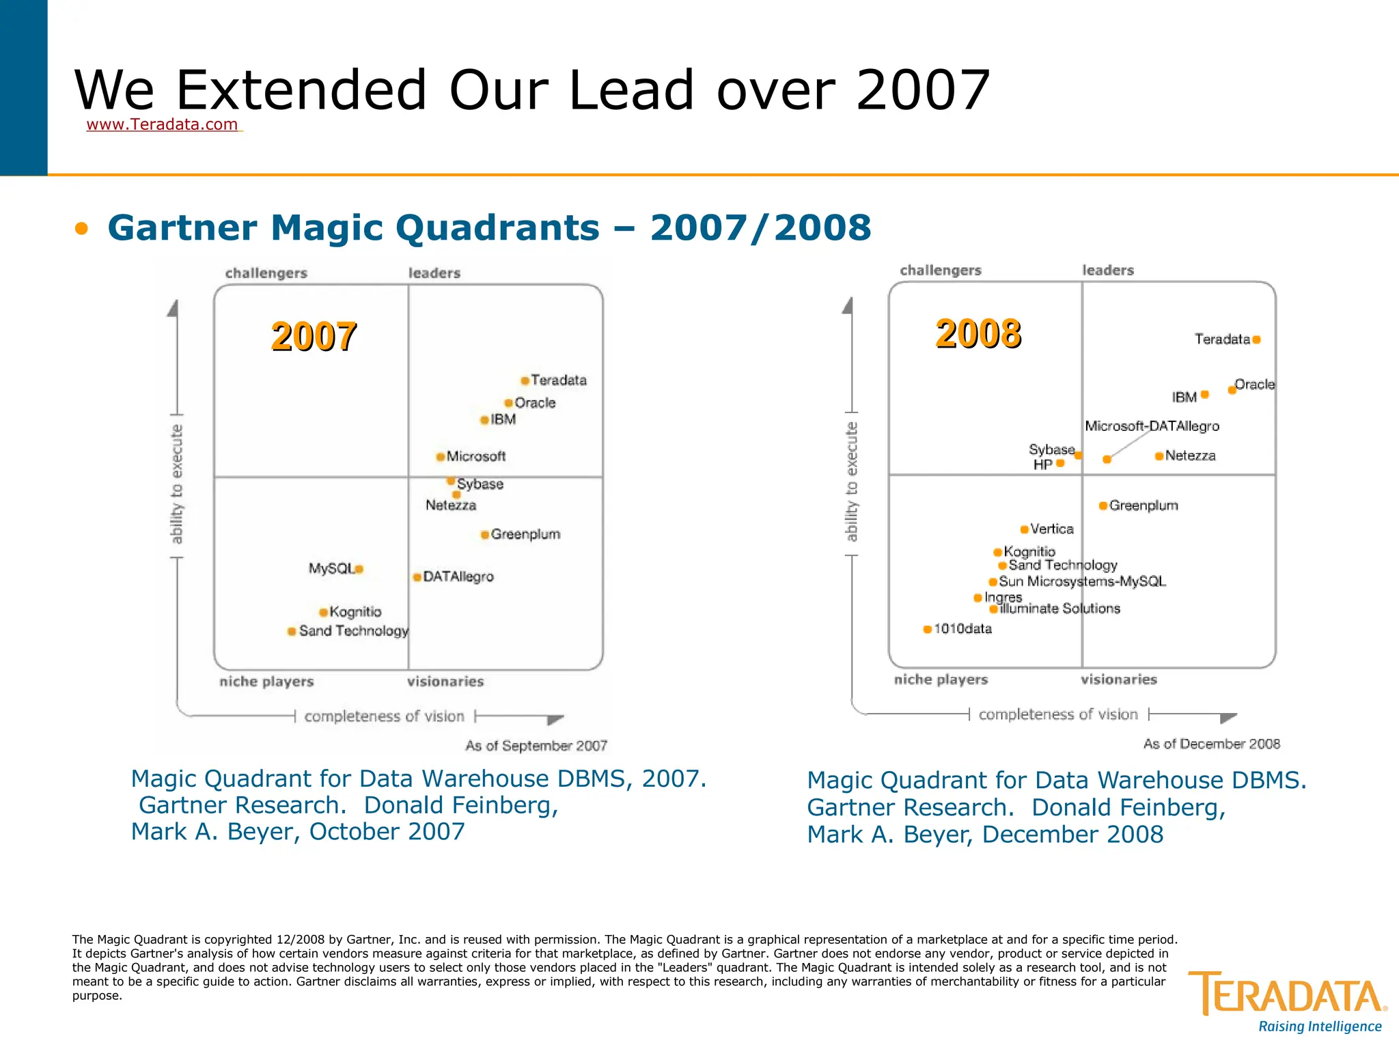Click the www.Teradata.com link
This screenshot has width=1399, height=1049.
[162, 124]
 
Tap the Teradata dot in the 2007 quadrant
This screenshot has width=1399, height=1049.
[525, 380]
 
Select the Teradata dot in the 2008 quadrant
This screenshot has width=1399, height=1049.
[1256, 339]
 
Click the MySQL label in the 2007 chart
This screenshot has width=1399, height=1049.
[331, 568]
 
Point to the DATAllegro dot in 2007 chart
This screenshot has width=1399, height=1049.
[417, 577]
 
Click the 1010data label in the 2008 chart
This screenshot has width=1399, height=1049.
[962, 628]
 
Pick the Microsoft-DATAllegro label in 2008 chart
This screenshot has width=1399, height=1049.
[1152, 426]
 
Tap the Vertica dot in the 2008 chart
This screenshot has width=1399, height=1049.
[1024, 529]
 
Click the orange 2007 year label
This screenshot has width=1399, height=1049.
[314, 336]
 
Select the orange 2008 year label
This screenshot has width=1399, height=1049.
[978, 333]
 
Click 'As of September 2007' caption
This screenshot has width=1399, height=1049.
[536, 746]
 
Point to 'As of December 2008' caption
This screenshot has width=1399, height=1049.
[1211, 744]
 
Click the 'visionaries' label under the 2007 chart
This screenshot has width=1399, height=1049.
[445, 682]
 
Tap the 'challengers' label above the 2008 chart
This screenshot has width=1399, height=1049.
[940, 270]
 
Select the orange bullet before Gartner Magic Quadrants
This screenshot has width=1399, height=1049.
[82, 228]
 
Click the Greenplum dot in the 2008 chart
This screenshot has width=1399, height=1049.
[1103, 505]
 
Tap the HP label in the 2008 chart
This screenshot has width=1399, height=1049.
[1042, 464]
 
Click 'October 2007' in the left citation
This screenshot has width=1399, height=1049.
[387, 832]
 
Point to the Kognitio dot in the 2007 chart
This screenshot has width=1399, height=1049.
[324, 612]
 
